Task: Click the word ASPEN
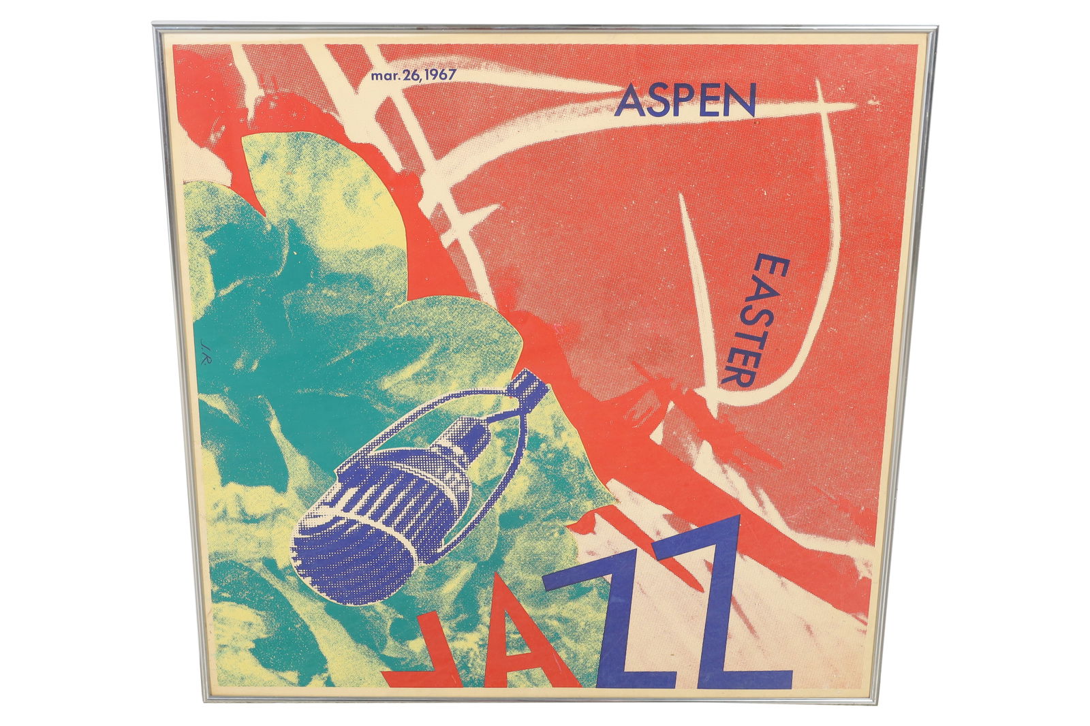point(686,100)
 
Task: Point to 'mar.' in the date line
point(384,75)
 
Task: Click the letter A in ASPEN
point(629,101)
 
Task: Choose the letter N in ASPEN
point(742,101)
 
